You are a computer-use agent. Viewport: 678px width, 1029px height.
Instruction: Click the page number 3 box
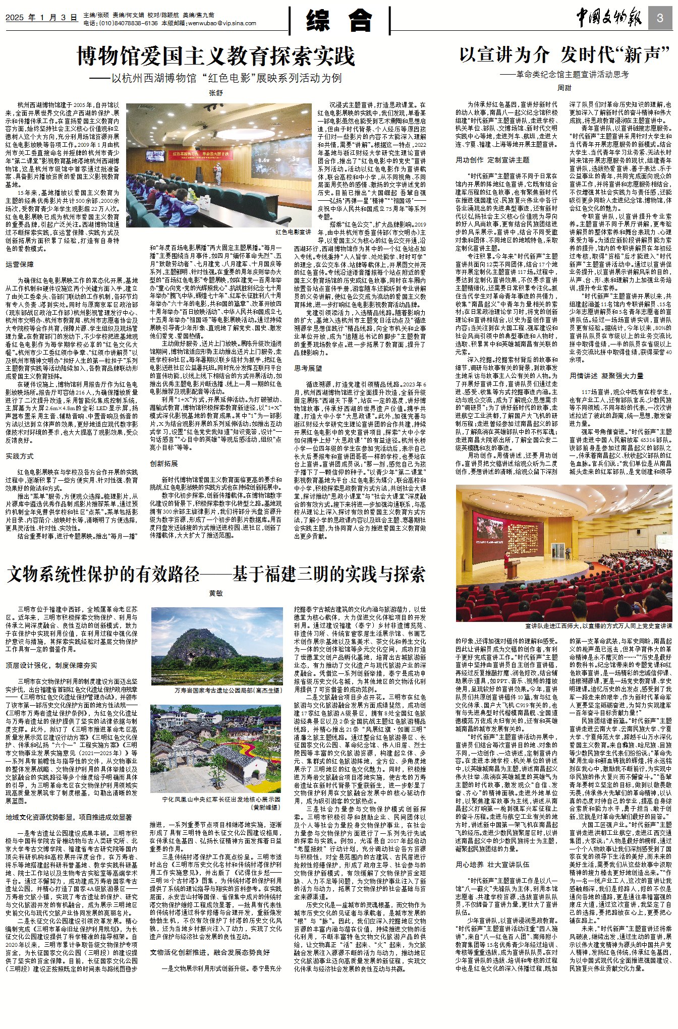[660, 19]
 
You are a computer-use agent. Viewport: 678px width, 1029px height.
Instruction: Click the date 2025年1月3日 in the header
[41, 18]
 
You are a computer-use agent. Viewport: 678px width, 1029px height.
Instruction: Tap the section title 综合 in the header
[339, 21]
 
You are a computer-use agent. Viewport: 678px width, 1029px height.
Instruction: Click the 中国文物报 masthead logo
[609, 19]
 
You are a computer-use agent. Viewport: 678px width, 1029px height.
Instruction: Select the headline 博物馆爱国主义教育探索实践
[216, 56]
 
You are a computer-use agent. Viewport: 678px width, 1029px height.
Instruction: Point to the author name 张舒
[216, 93]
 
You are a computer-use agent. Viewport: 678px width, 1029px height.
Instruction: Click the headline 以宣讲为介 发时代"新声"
[564, 54]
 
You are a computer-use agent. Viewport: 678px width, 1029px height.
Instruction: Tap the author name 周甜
[564, 88]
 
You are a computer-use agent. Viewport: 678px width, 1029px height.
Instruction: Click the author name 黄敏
[216, 593]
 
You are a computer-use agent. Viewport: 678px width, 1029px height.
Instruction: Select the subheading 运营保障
[20, 264]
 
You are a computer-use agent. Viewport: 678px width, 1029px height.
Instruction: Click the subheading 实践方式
[20, 456]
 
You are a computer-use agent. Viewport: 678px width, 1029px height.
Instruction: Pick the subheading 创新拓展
[164, 463]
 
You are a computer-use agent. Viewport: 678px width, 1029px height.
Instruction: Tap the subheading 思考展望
[308, 368]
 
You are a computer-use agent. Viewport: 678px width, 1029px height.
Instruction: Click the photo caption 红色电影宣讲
[293, 232]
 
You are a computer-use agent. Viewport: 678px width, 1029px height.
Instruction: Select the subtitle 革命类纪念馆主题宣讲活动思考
[564, 74]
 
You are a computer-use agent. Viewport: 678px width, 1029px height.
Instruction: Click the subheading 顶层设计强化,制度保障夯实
[51, 665]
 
